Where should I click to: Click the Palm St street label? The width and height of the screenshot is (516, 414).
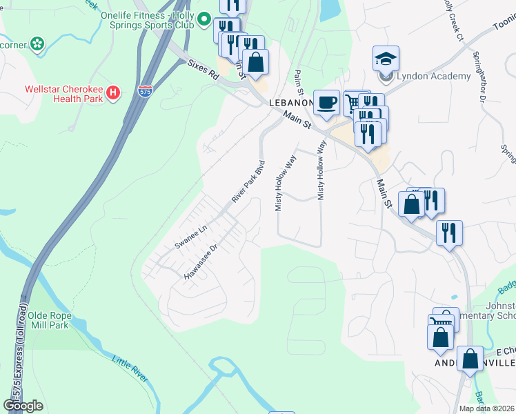299,82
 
